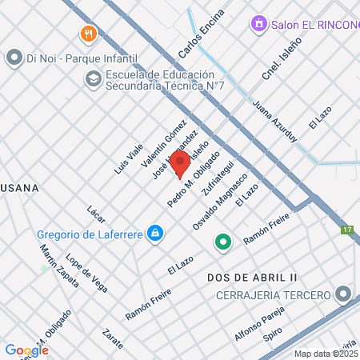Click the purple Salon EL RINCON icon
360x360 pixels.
coord(258,25)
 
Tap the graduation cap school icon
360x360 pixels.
coord(93,79)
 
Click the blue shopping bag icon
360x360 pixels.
coord(156,234)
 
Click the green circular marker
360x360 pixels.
coord(223,241)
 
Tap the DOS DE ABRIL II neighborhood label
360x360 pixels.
coord(252,277)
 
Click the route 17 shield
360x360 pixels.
coord(346,230)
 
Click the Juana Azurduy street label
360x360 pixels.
coord(274,121)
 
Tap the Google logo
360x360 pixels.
coord(26,350)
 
